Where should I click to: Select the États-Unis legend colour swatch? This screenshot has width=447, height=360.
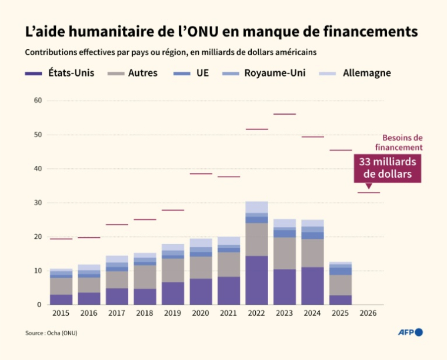pyautogui.click(x=34, y=74)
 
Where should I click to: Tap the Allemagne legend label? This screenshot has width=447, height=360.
pyautogui.click(x=366, y=74)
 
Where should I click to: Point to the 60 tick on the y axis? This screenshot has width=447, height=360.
pyautogui.click(x=38, y=101)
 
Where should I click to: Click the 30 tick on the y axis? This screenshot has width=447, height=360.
pyautogui.click(x=38, y=203)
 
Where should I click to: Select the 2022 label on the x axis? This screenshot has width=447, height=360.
pyautogui.click(x=256, y=314)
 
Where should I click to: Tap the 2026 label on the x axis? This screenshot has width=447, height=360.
pyautogui.click(x=368, y=314)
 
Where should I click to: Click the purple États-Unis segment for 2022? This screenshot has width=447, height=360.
pyautogui.click(x=256, y=280)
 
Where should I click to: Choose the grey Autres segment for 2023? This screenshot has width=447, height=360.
pyautogui.click(x=285, y=253)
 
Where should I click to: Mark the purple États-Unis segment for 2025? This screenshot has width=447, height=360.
pyautogui.click(x=341, y=300)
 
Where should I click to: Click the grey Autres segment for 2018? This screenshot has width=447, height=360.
pyautogui.click(x=145, y=276)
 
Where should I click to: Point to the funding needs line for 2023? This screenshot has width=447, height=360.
pyautogui.click(x=285, y=114)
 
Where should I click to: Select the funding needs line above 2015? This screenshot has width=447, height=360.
pyautogui.click(x=61, y=239)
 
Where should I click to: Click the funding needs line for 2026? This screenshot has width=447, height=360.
pyautogui.click(x=368, y=193)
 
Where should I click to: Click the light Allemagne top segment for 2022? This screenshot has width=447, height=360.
pyautogui.click(x=256, y=206)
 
